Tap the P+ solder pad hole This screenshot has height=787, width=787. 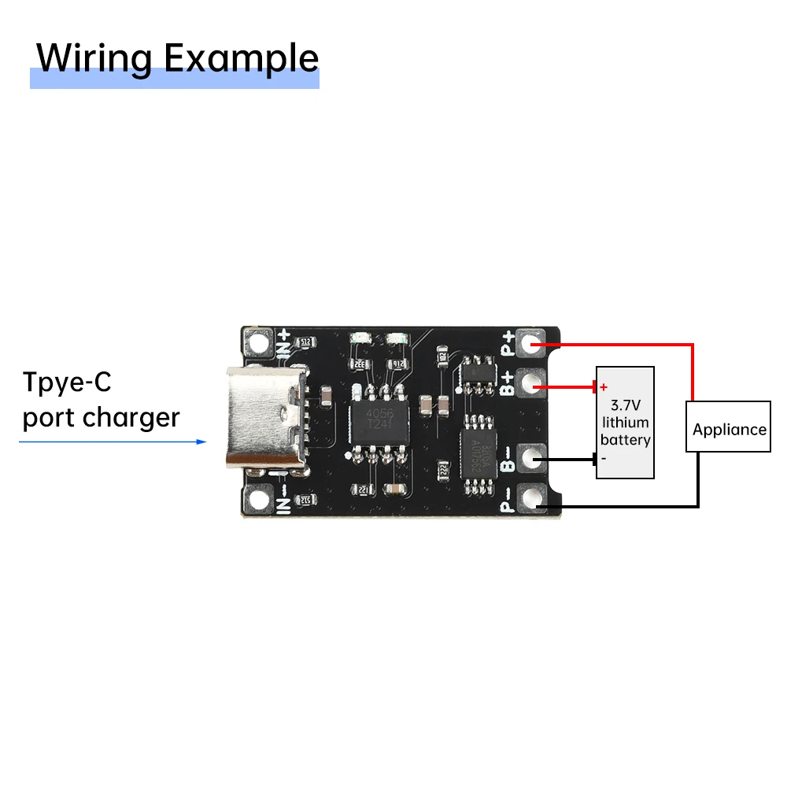pyautogui.click(x=534, y=343)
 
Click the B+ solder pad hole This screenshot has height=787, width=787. pyautogui.click(x=534, y=386)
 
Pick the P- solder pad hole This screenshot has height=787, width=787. pyautogui.click(x=534, y=497)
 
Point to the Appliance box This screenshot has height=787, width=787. pyautogui.click(x=729, y=429)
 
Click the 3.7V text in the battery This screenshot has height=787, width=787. pyautogui.click(x=626, y=406)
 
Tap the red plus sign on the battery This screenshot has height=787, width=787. pyautogui.click(x=604, y=387)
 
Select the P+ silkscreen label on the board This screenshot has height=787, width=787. pyautogui.click(x=509, y=343)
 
